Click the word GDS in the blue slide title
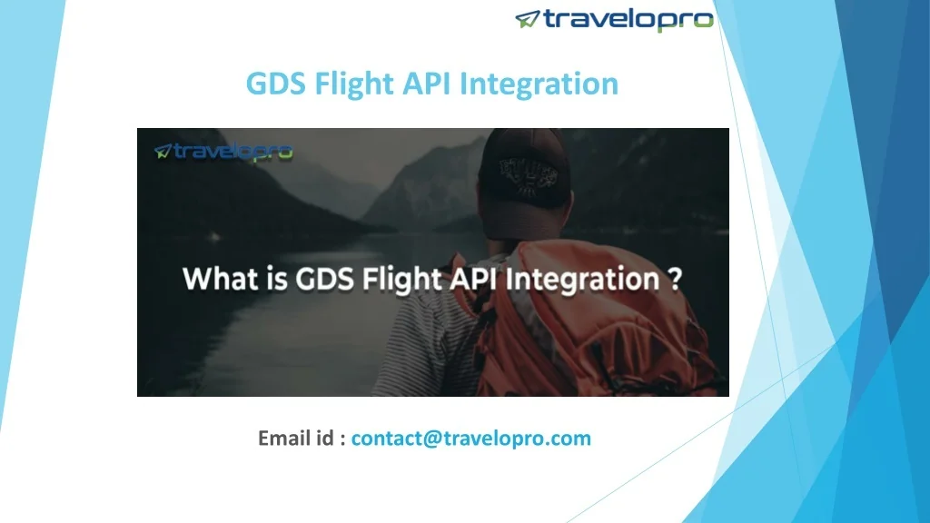277,84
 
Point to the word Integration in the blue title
539,84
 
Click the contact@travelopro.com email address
471,439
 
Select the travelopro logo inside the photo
223,152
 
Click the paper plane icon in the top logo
528,19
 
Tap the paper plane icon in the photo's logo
163,152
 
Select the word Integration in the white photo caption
585,279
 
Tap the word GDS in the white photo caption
321,279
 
